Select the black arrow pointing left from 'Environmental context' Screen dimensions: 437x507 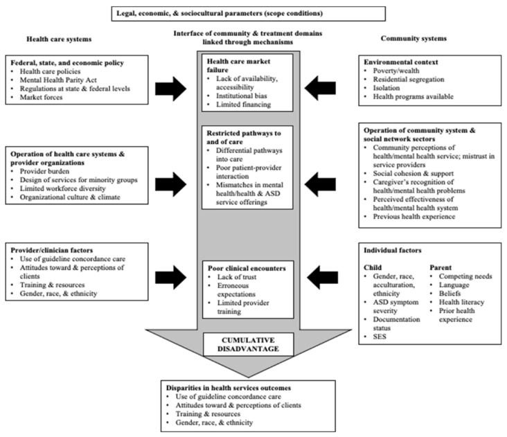coord(339,89)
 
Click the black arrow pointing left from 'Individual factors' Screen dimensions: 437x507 coord(339,278)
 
